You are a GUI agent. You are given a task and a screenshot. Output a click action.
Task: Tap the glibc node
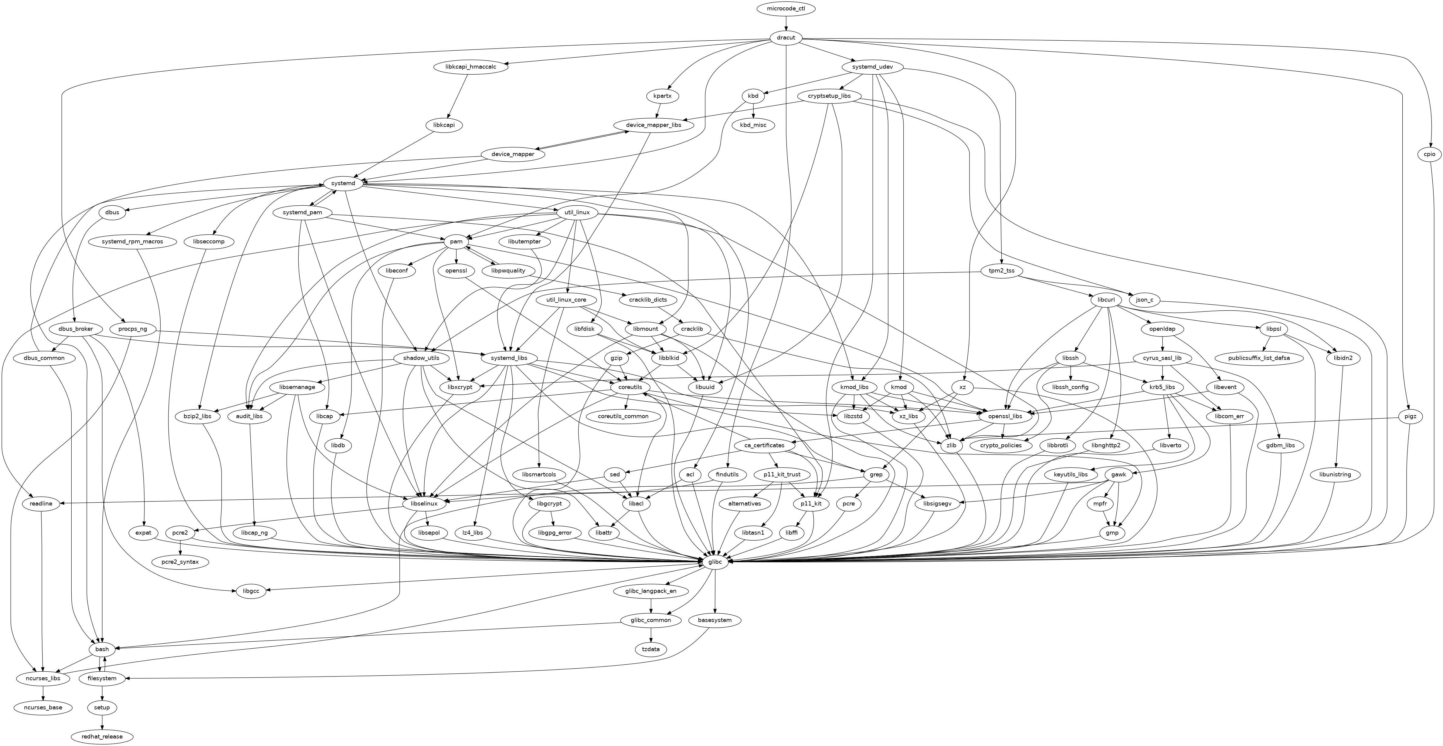(x=715, y=562)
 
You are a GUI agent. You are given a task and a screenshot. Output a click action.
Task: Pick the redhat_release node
(x=102, y=737)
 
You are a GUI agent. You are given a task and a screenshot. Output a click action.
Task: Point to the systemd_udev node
(x=874, y=67)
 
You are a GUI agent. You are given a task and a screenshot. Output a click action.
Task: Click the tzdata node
(x=651, y=649)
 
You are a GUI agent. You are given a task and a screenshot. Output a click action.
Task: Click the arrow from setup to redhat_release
(x=102, y=722)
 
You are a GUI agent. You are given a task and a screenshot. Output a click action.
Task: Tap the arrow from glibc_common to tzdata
(x=651, y=635)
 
